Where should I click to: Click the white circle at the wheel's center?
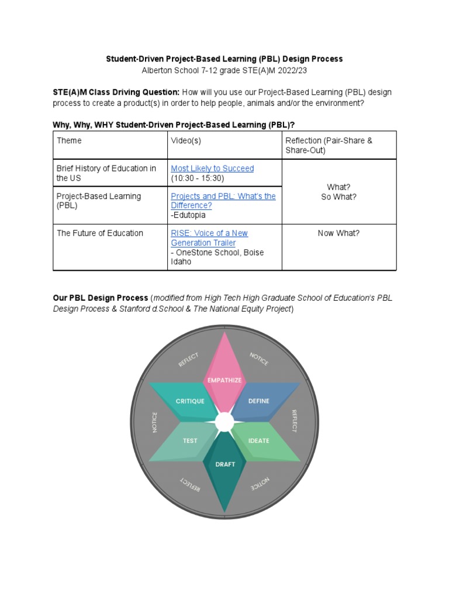[x=224, y=421]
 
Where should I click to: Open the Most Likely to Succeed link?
[x=212, y=168]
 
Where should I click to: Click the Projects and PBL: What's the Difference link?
[x=223, y=201]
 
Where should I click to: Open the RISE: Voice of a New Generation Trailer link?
[x=209, y=237]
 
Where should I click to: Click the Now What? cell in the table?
[x=339, y=233]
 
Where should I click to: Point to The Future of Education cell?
[x=100, y=233]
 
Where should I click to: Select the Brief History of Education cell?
[x=106, y=173]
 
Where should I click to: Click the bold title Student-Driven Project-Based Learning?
[x=224, y=59]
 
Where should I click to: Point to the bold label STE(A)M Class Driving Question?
[x=116, y=92]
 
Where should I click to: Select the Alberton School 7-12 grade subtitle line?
[x=224, y=70]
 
